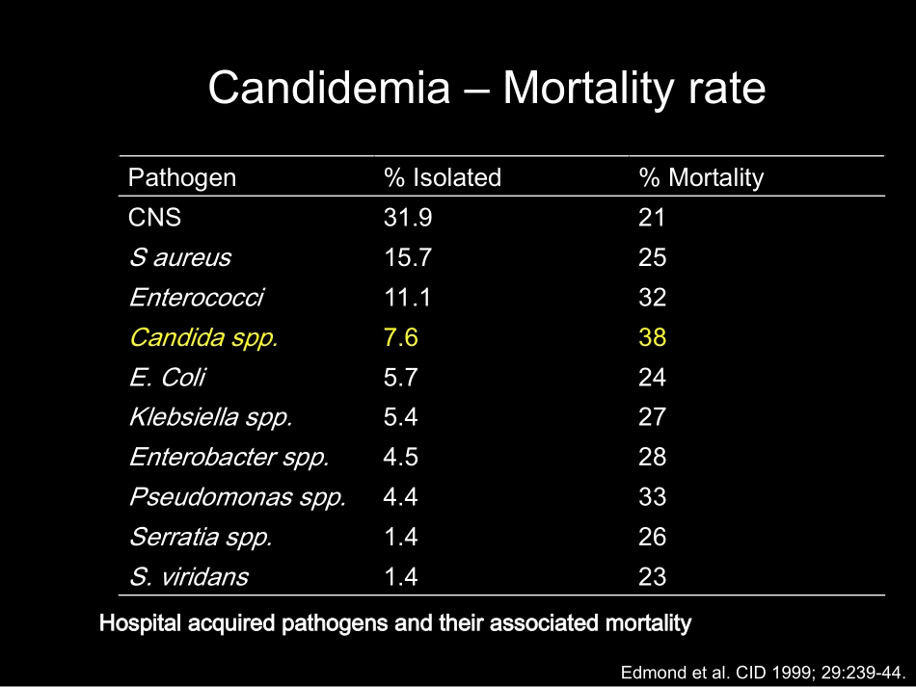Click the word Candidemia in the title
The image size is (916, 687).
point(330,88)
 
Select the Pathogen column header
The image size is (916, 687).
point(182,178)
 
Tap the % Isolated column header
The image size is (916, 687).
point(443,177)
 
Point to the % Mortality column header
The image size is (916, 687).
point(701,178)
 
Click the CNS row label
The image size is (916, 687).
point(155,218)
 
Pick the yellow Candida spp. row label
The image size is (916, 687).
point(203,338)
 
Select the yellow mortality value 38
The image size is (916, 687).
point(652,337)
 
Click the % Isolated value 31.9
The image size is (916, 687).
point(408,218)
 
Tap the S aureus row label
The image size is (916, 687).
point(180,258)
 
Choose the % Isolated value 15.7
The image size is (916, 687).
point(408,257)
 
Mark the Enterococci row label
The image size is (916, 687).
point(197,298)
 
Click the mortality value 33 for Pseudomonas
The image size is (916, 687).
point(652,497)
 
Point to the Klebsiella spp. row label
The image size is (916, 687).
point(210,418)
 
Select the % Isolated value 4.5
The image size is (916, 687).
point(401,457)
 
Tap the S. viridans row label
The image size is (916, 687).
point(189,577)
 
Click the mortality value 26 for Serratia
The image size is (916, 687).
point(652,537)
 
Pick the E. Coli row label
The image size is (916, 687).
point(167,377)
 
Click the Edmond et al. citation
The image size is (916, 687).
point(763,673)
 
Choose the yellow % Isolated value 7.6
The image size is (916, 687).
point(401,337)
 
